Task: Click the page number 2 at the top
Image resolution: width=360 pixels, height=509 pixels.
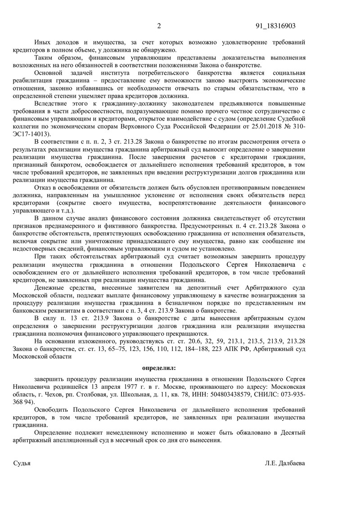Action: coord(159,26)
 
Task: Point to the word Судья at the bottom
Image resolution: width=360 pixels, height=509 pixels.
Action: coord(22,463)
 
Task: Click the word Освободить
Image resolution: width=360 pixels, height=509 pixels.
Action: coord(53,410)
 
